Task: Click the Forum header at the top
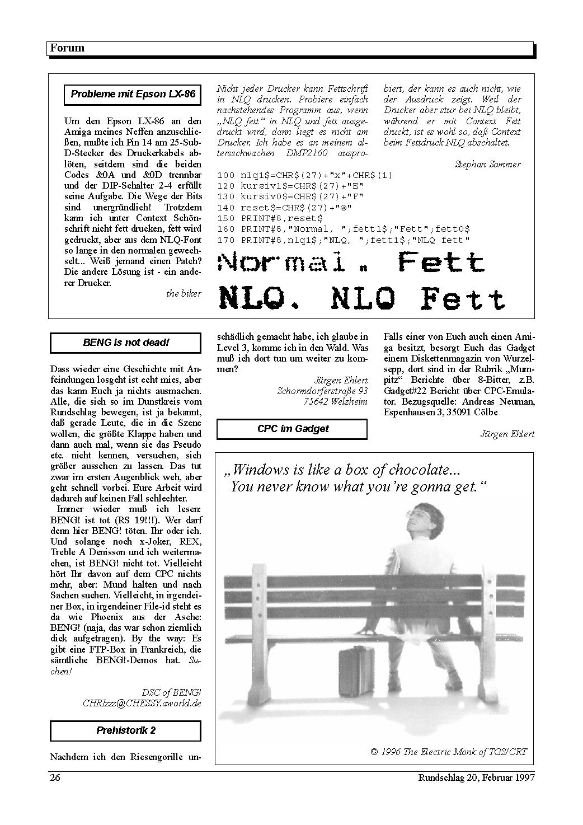(67, 48)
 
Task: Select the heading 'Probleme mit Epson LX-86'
(133, 94)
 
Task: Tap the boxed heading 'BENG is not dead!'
(126, 343)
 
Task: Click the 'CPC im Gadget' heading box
(293, 429)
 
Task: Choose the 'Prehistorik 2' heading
(126, 730)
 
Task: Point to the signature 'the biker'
(184, 293)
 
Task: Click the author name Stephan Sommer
(487, 164)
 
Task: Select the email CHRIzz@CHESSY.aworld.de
(142, 703)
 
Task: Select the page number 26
(55, 777)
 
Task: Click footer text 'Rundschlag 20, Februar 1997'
(476, 777)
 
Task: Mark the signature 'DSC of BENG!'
(171, 692)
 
